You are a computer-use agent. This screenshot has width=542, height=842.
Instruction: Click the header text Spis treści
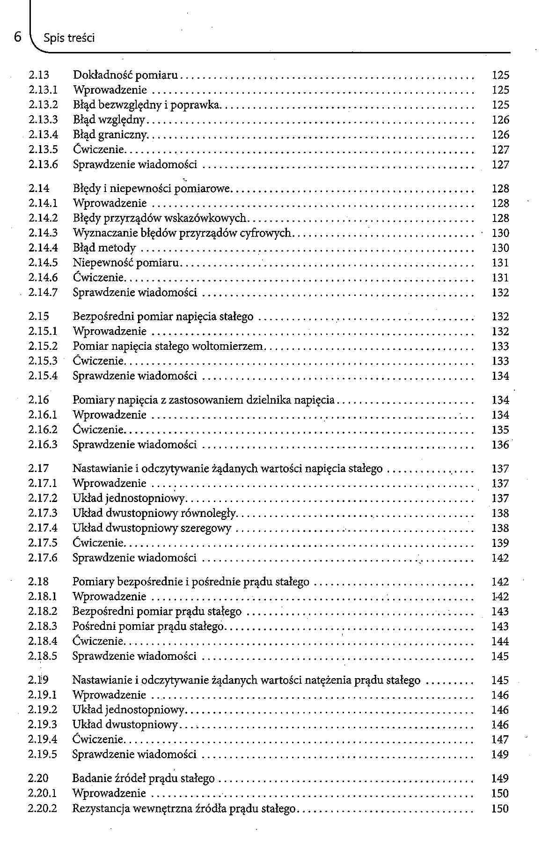click(x=68, y=38)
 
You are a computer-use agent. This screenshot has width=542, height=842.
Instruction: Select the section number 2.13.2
click(x=43, y=105)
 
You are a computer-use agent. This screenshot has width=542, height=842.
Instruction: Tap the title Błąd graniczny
click(x=110, y=135)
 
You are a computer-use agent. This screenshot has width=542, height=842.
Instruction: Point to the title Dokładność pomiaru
click(x=126, y=75)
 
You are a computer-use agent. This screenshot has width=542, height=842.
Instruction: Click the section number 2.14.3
click(x=43, y=233)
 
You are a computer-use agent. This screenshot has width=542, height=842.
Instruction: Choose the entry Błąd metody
click(x=104, y=248)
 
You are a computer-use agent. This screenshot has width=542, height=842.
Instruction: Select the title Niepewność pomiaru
click(x=126, y=263)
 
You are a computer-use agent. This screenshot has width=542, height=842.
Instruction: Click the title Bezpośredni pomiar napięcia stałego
click(x=163, y=317)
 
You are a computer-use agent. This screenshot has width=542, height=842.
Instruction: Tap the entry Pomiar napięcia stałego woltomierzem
click(x=168, y=347)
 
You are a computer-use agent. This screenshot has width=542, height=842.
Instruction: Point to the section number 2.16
click(x=38, y=400)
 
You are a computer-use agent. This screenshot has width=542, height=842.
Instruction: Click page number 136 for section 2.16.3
click(x=500, y=445)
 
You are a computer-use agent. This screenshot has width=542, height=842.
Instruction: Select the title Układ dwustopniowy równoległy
click(x=154, y=514)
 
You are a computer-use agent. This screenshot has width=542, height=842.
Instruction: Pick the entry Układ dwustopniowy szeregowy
click(x=152, y=529)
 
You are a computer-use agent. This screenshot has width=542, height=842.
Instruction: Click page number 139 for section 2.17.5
click(x=500, y=543)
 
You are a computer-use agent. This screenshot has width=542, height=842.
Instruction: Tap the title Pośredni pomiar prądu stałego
click(x=148, y=627)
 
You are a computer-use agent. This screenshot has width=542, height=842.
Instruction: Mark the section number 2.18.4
click(x=43, y=642)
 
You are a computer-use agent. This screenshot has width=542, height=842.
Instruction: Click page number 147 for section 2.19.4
click(x=500, y=740)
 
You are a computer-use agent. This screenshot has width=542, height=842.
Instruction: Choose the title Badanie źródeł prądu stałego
click(x=143, y=779)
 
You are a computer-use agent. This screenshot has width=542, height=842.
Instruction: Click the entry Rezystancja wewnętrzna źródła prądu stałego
click(x=184, y=809)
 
